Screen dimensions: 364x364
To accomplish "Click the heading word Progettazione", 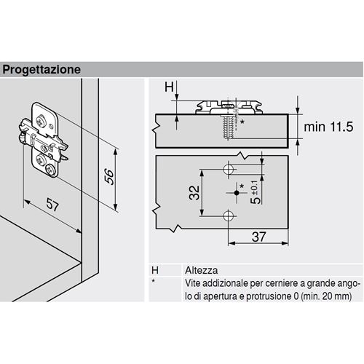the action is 41,70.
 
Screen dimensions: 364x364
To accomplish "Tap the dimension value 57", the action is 52,205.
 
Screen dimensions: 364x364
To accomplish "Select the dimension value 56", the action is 109,177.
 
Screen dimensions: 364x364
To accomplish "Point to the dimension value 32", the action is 194,193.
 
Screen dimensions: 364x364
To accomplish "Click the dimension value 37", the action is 259,237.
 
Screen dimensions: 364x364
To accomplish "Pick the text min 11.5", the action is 328,127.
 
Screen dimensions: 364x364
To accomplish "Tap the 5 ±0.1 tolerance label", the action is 256,192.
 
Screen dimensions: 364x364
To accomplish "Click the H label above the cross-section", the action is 169,87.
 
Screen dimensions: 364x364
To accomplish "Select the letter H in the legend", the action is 155,270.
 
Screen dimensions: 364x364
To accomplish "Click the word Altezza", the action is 202,270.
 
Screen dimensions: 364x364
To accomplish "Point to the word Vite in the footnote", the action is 192,283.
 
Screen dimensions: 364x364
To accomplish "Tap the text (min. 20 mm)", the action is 326,296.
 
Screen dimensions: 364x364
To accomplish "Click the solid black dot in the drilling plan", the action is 237,193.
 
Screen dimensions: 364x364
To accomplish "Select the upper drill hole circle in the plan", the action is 228,169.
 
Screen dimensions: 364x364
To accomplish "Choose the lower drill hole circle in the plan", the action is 228,215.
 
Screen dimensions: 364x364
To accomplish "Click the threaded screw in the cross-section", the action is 227,127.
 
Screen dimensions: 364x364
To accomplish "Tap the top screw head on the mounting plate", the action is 40,121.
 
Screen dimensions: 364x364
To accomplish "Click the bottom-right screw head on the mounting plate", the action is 51,170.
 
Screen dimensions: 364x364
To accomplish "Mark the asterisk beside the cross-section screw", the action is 242,122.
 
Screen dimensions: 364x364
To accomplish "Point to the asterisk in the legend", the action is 153,281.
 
